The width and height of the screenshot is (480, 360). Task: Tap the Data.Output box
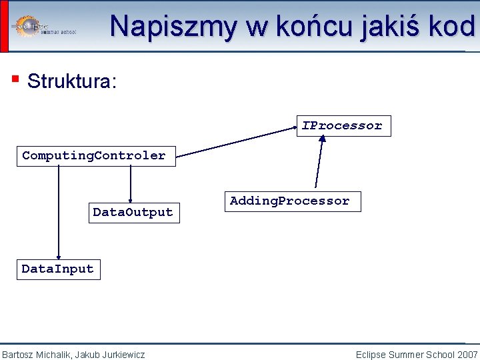pyautogui.click(x=134, y=213)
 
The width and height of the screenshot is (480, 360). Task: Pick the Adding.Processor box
pyautogui.click(x=291, y=201)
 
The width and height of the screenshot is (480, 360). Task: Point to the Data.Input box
pyautogui.click(x=58, y=269)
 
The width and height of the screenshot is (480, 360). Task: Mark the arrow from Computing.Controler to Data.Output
pyautogui.click(x=131, y=183)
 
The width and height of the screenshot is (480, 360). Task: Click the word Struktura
pyautogui.click(x=72, y=82)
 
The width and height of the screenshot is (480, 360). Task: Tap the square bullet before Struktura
pyautogui.click(x=15, y=79)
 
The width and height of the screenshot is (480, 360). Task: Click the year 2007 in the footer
pyautogui.click(x=467, y=355)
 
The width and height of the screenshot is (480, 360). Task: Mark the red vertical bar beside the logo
pyautogui.click(x=4, y=26)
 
